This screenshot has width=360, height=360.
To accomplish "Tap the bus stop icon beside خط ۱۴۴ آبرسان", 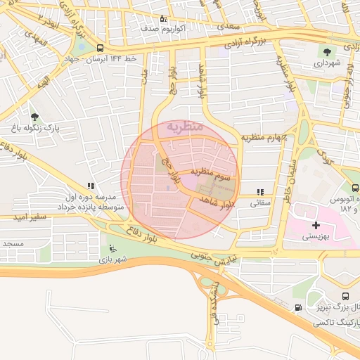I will tap(101, 48).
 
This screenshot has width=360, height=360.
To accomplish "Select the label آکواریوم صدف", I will tap(162, 28).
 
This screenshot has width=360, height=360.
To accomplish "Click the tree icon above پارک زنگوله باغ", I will tap(35, 117).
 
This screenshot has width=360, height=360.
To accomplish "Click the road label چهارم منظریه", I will tap(264, 137).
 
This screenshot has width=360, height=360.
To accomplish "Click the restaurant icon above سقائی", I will tap(260, 191).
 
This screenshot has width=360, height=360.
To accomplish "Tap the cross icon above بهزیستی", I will tap(316, 225).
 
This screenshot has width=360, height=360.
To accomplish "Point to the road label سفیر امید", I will tap(29, 217).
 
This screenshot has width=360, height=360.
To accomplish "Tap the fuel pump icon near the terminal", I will tap(300, 307).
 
